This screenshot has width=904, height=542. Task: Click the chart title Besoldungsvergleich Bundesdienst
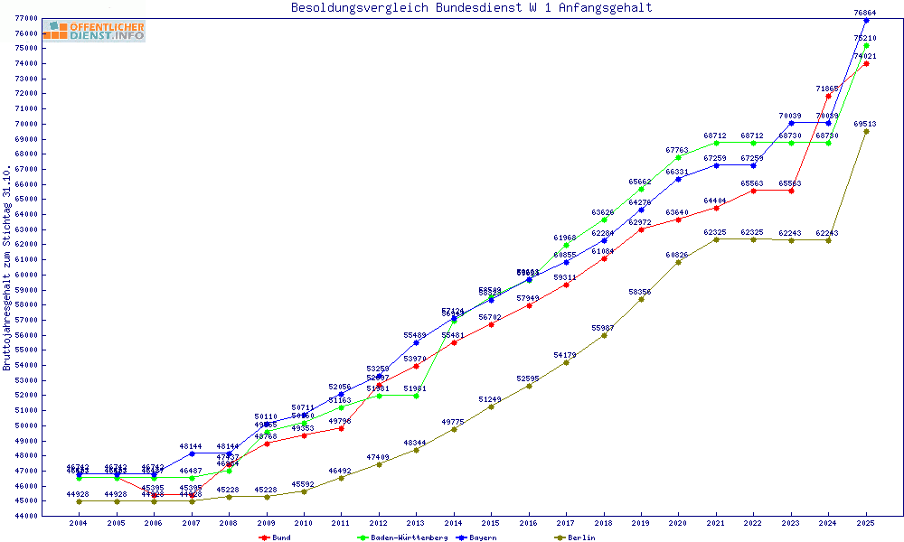[x=471, y=8]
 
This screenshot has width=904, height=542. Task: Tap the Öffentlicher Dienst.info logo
[x=94, y=32]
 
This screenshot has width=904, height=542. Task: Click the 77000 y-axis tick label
[x=25, y=18]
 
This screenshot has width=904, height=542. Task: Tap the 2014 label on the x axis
[x=453, y=523]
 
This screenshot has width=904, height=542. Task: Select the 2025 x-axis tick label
[x=866, y=523]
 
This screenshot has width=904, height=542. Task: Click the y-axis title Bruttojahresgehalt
[x=7, y=267]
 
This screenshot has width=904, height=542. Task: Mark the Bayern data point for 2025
[x=866, y=20]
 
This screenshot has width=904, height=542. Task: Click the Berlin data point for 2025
[x=866, y=131]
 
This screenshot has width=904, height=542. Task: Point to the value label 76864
[x=865, y=13]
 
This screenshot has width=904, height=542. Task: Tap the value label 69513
[x=865, y=124]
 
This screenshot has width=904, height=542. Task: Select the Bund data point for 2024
[x=828, y=96]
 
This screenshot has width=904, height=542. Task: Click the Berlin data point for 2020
[x=678, y=262]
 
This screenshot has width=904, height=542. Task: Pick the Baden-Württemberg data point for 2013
[x=416, y=396]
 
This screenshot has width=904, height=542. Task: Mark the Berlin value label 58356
[x=640, y=292]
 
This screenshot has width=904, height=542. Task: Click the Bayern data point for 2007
[x=192, y=453]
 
